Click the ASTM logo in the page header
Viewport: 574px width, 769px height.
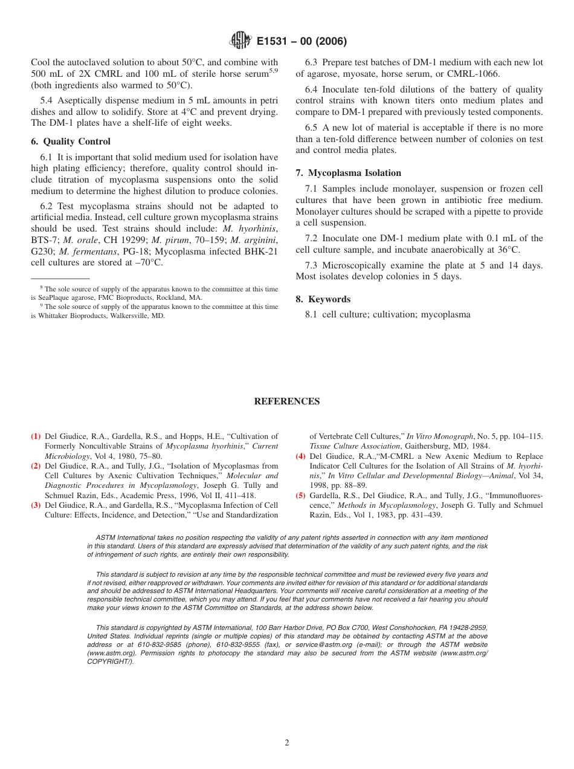tap(241, 41)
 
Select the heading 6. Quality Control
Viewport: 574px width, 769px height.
tap(71, 141)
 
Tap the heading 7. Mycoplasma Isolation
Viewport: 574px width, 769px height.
tap(348, 173)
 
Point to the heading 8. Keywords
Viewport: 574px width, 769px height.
tap(323, 299)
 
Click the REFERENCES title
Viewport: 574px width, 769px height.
tap(286, 401)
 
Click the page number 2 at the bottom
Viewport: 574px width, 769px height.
tap(287, 743)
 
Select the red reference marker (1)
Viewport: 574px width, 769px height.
tap(36, 436)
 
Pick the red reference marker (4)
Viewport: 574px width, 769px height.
tap(300, 456)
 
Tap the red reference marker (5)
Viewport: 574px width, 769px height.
tap(300, 496)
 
